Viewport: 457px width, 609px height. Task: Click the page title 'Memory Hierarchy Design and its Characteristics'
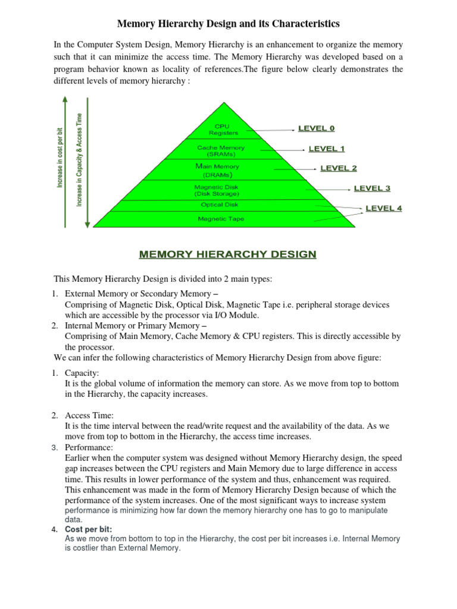(x=228, y=24)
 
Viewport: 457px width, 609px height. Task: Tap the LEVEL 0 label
(x=316, y=128)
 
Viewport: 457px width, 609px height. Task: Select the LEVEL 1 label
(x=326, y=149)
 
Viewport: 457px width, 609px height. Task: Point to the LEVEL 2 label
(x=339, y=168)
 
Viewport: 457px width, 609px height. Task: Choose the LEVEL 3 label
(x=372, y=189)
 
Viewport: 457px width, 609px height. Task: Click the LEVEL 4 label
(x=383, y=208)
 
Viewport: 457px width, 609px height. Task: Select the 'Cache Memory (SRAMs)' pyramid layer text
(x=221, y=150)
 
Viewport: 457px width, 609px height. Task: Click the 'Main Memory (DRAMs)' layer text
(x=221, y=171)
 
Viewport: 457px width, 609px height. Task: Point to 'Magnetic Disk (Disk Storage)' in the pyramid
(x=217, y=190)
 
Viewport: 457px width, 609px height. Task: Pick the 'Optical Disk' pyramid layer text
(x=219, y=205)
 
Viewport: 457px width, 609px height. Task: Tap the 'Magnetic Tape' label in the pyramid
(x=221, y=219)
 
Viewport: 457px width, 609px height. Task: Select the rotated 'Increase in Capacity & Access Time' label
(x=79, y=160)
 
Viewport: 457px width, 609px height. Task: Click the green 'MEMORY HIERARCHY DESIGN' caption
(x=228, y=255)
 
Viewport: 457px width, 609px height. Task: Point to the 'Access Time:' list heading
(x=89, y=415)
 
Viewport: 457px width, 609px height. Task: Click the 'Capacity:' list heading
(x=82, y=373)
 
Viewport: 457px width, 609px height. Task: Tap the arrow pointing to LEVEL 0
(x=273, y=129)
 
